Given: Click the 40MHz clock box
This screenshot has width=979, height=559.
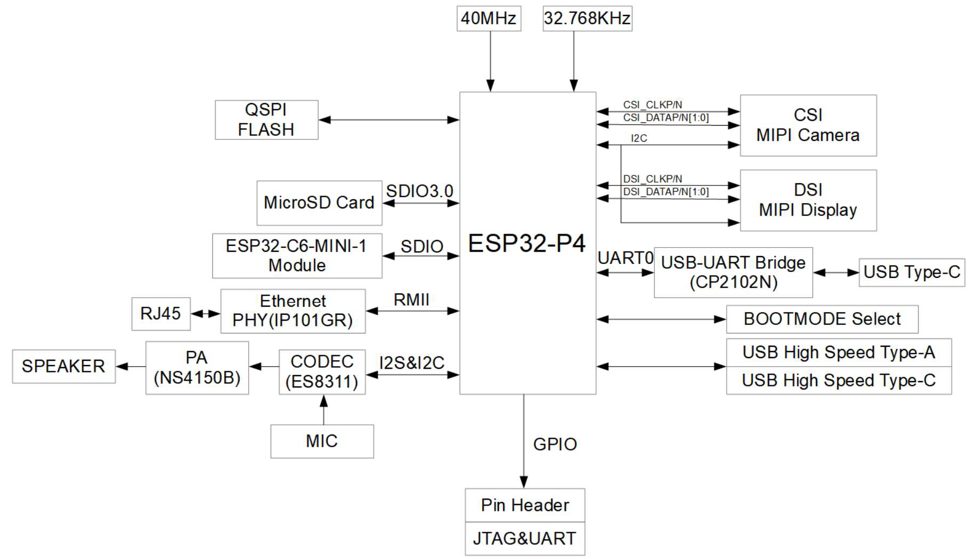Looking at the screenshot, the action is pyautogui.click(x=489, y=19).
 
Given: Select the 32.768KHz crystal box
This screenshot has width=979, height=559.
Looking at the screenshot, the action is pyautogui.click(x=587, y=19).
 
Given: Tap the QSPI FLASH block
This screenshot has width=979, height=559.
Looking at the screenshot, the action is pyautogui.click(x=266, y=120).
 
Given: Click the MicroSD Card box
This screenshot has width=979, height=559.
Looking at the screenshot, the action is pyautogui.click(x=319, y=203).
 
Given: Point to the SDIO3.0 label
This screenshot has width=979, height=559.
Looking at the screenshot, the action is pyautogui.click(x=420, y=191).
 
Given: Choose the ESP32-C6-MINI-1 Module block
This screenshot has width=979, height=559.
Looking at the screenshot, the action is pyautogui.click(x=297, y=256).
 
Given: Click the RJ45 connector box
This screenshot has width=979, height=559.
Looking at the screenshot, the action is pyautogui.click(x=161, y=314).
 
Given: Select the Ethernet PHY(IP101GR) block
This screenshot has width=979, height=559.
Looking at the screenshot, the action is pyautogui.click(x=293, y=311).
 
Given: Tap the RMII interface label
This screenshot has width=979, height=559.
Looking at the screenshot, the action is pyautogui.click(x=411, y=300).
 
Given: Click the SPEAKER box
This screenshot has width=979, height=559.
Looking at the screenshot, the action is pyautogui.click(x=64, y=367).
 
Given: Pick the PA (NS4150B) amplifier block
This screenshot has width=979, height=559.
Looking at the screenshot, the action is pyautogui.click(x=197, y=368).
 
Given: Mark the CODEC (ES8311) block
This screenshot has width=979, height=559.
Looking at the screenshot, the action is pyautogui.click(x=322, y=372).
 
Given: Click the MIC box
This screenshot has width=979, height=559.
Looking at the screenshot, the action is pyautogui.click(x=322, y=441).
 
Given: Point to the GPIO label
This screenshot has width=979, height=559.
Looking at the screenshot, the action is pyautogui.click(x=555, y=445).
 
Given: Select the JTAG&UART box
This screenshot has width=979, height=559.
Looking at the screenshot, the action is pyautogui.click(x=525, y=539).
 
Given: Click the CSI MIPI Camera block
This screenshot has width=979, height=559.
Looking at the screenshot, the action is pyautogui.click(x=808, y=126).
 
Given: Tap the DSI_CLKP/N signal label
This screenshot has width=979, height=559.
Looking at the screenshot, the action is pyautogui.click(x=652, y=179).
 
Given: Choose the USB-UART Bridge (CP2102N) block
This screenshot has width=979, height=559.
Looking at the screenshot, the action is pyautogui.click(x=734, y=273).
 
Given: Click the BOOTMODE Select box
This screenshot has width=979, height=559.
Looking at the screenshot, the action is pyautogui.click(x=822, y=319).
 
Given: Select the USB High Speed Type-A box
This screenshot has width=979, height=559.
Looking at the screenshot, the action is pyautogui.click(x=839, y=353).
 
